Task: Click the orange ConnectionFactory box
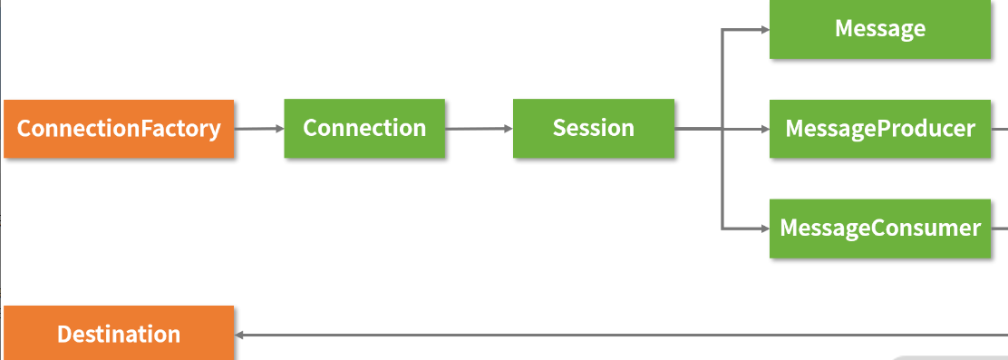point(119,129)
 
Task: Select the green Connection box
point(364,128)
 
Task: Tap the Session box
point(594,128)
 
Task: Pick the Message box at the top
point(880,29)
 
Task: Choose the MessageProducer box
point(880,129)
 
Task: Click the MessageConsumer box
point(880,228)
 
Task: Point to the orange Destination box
point(119,335)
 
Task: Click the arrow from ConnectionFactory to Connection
point(259,129)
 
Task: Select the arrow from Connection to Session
point(479,129)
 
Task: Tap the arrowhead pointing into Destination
point(239,335)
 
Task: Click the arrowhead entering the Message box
point(764,30)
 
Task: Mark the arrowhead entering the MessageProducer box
point(764,129)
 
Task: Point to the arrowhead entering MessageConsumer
point(764,228)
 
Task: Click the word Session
point(594,128)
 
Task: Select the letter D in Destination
point(64,335)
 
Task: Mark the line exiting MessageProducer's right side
point(999,129)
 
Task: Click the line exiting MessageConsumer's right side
point(999,228)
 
